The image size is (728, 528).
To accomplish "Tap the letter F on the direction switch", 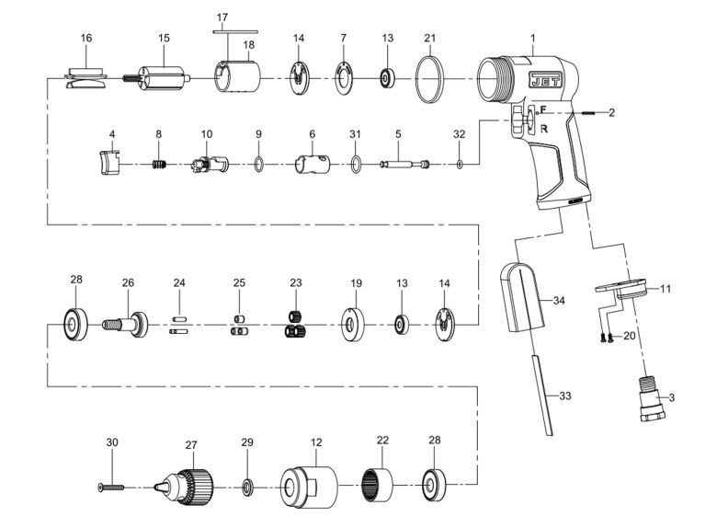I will coord(543,110).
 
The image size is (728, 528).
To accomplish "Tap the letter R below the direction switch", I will coord(544,129).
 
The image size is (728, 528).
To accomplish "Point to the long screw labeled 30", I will coord(111,483).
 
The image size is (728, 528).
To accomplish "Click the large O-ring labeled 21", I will coord(429,78).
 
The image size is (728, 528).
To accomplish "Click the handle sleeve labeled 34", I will coord(524,299).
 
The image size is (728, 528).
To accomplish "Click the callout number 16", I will coord(86,38).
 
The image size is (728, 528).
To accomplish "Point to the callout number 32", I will coord(459,134).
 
